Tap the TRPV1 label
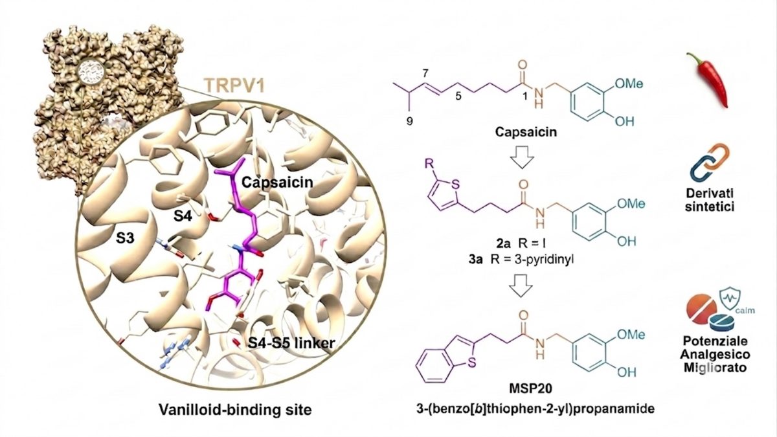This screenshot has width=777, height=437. click(235, 85)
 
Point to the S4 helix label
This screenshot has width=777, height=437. click(183, 217)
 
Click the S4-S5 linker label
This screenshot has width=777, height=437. click(291, 342)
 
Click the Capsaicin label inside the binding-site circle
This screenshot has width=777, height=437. click(277, 182)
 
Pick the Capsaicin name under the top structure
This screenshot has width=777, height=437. click(526, 132)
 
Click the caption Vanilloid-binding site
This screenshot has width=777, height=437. click(235, 410)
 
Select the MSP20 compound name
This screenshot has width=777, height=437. click(530, 388)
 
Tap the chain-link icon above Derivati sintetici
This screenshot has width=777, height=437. click(710, 162)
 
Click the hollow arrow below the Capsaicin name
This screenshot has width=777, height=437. click(522, 157)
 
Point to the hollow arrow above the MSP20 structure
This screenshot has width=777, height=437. click(521, 286)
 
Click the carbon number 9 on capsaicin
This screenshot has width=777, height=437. click(410, 121)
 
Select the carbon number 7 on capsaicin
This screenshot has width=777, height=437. click(425, 73)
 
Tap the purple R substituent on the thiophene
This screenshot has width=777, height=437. click(429, 163)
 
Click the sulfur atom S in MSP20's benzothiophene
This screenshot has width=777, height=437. click(472, 363)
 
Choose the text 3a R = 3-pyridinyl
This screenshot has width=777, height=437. click(521, 259)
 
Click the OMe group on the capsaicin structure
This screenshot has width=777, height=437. click(629, 84)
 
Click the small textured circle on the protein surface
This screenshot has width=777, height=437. click(91, 73)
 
